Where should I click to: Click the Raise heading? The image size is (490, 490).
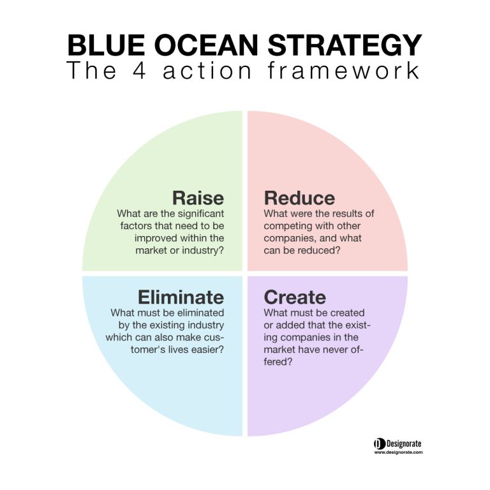[x=198, y=198]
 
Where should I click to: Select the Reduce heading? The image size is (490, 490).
[x=299, y=198]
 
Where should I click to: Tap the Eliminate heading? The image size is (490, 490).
[x=181, y=297]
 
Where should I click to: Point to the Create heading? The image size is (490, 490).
[x=295, y=297]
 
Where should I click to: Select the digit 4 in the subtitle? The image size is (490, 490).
[x=139, y=71]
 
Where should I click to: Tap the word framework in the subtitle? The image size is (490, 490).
[x=344, y=71]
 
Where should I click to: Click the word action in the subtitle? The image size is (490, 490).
[x=207, y=71]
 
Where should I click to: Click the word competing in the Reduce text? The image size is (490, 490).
[x=288, y=226]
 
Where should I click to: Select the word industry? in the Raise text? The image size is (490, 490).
[x=203, y=250]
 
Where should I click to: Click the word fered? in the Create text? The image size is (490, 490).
[x=278, y=362]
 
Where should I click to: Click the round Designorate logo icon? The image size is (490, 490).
[x=380, y=444]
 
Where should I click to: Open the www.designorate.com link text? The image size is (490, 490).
[x=398, y=452]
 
